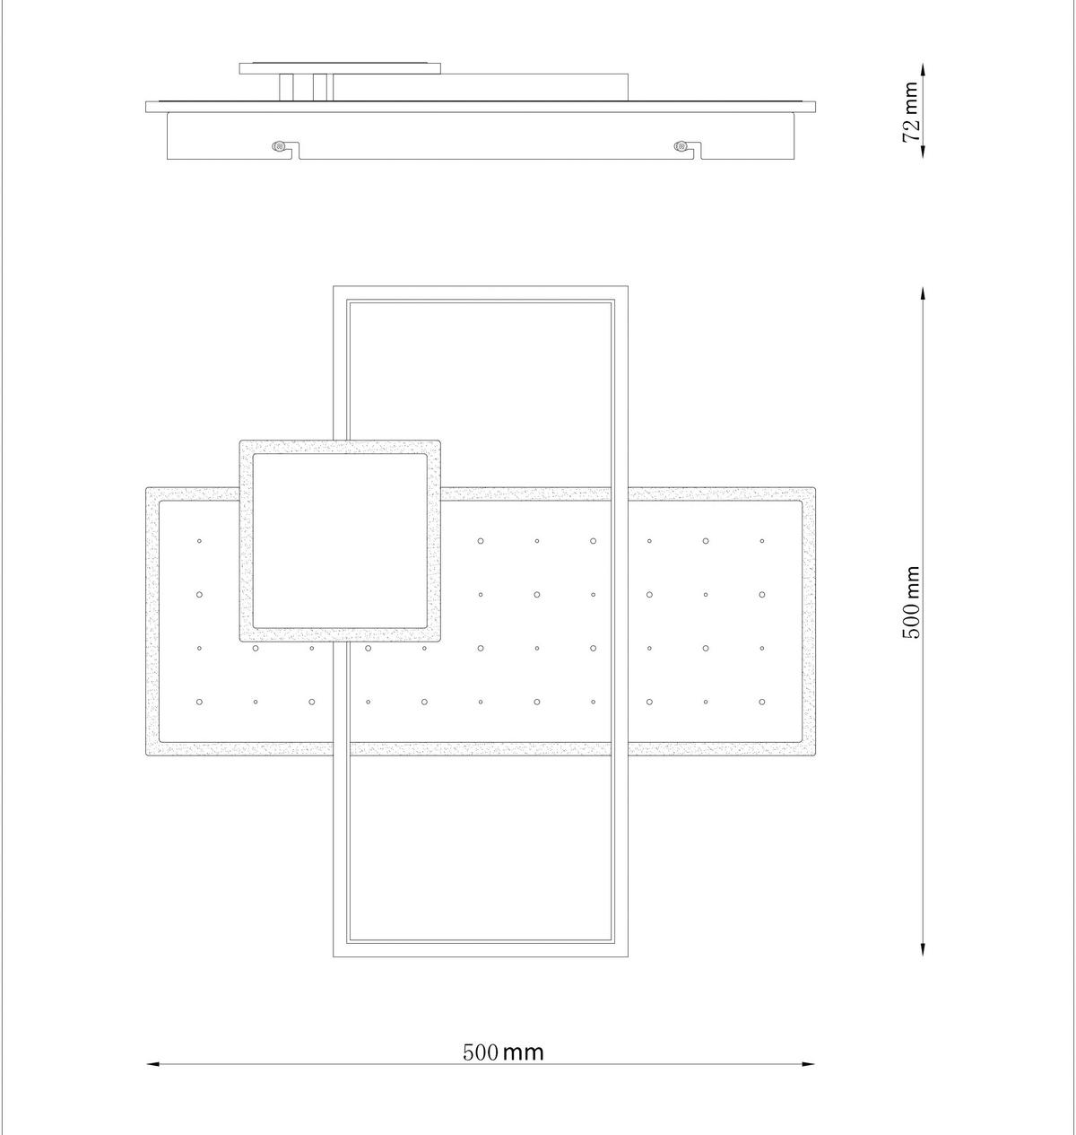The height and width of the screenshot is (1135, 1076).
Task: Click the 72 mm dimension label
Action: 911,111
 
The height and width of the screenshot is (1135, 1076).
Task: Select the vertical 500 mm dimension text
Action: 911,602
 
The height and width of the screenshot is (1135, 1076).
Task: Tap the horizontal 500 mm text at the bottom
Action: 503,1052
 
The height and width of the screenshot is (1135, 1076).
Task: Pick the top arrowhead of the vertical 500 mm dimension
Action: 924,293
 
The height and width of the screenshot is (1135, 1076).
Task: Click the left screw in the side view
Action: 280,145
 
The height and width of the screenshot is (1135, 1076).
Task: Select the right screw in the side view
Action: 681,145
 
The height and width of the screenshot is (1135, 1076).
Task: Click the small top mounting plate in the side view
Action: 341,67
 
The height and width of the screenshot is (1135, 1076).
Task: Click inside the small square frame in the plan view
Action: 340,541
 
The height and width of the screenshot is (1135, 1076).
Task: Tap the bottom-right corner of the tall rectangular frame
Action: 626,955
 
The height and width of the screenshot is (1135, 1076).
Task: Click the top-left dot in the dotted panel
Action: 199,541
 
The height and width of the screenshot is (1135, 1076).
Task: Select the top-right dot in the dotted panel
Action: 762,541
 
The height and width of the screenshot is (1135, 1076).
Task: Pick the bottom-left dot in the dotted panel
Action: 199,702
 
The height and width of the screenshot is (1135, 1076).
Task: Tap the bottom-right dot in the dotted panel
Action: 762,702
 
